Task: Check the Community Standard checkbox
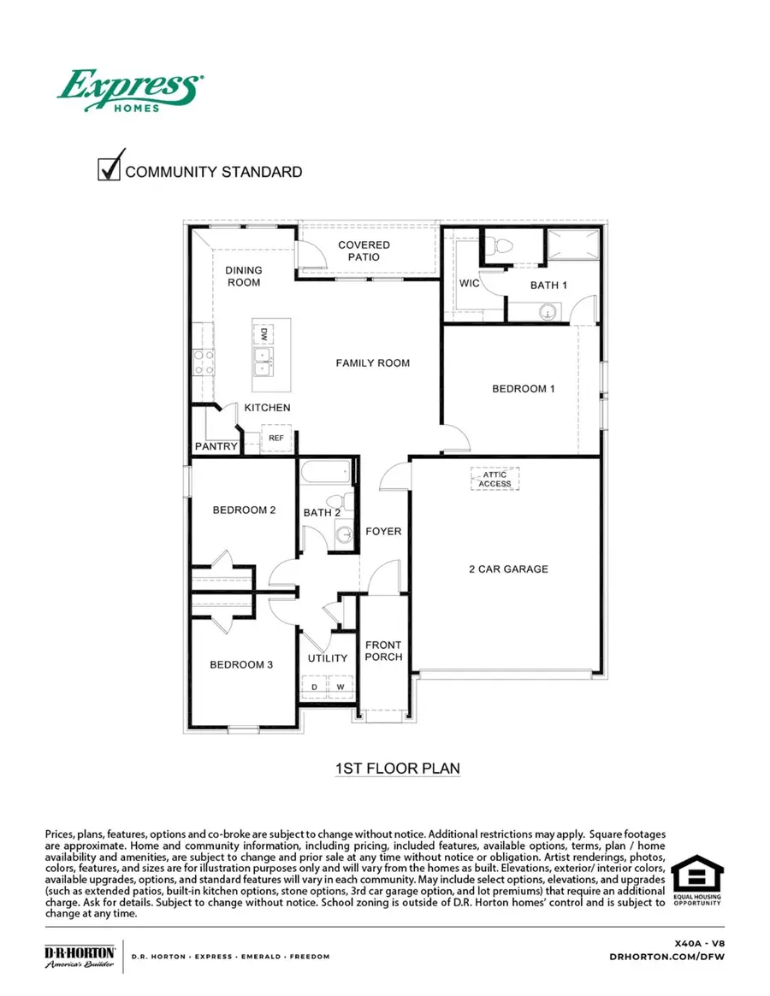(x=110, y=168)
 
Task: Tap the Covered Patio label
(x=364, y=250)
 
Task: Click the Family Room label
(x=372, y=363)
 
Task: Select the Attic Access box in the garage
(x=495, y=479)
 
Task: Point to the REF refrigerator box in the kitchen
(x=275, y=438)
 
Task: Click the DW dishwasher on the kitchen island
(x=264, y=333)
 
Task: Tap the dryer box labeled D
(x=313, y=687)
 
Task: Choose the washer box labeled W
(x=340, y=687)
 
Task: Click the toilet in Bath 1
(x=502, y=246)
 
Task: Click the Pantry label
(x=216, y=446)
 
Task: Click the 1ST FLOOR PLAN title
(x=397, y=769)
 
